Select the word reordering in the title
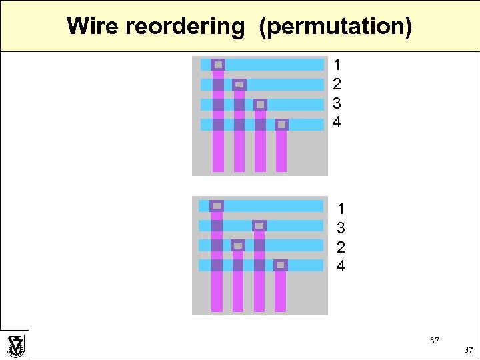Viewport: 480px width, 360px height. tap(185, 27)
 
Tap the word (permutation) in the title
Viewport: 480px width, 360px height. tap(335, 27)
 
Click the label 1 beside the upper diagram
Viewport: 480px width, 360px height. tap(337, 65)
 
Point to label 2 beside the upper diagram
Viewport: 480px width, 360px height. tap(337, 84)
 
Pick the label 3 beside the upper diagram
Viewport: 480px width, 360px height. tap(337, 103)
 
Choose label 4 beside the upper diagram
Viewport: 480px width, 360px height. tap(337, 123)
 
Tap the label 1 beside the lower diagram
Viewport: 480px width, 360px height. tap(341, 209)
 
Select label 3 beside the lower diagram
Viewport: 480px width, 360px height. tap(341, 228)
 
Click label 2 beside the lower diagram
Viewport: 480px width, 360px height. tap(341, 247)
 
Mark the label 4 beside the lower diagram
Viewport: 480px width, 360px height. tap(341, 267)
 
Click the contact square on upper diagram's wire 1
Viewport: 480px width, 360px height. tap(218, 65)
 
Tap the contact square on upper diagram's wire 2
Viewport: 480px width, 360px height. tap(239, 85)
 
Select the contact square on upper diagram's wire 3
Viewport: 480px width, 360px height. tap(260, 105)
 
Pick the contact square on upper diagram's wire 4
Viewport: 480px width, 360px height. tap(281, 125)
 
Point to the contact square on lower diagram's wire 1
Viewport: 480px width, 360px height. tap(217, 205)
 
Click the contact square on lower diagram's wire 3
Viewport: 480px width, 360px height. tap(259, 225)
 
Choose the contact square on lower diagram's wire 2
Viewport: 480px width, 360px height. tap(238, 245)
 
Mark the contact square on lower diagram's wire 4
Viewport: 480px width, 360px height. tap(281, 265)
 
